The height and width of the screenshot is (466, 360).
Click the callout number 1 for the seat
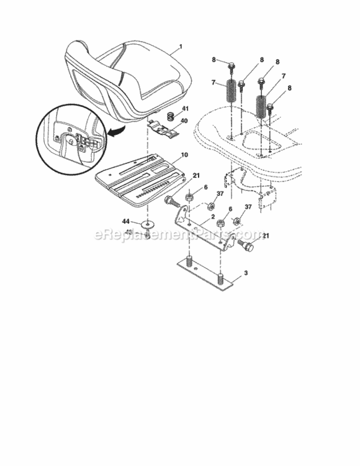click(x=180, y=46)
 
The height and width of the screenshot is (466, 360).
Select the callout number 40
click(x=184, y=122)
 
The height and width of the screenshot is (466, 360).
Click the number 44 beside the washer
click(x=125, y=221)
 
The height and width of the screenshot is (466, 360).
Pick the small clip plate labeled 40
click(x=166, y=128)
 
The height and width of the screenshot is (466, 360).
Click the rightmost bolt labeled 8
click(x=271, y=111)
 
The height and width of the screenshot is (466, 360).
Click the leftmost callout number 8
click(x=214, y=60)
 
